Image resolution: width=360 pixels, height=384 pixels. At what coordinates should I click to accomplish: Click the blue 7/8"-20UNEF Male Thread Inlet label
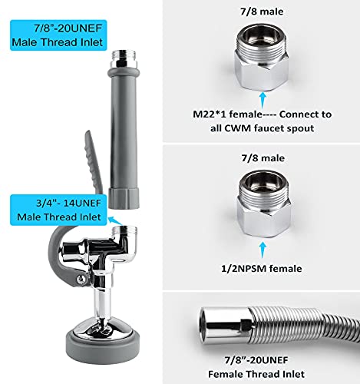click(48, 36)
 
